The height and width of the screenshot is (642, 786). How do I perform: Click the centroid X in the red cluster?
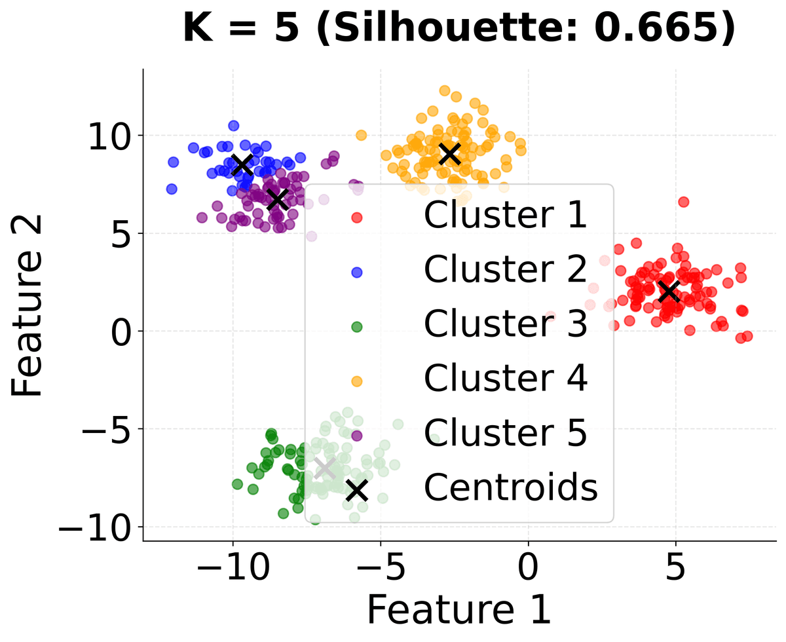(x=669, y=291)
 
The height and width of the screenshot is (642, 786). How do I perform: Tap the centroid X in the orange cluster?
(x=449, y=154)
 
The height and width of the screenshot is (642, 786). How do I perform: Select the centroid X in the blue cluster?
(x=242, y=164)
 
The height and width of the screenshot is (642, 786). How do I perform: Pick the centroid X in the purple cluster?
(x=278, y=199)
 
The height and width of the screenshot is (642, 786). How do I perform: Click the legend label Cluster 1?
(x=505, y=216)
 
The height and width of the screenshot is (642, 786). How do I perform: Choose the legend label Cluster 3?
(x=505, y=324)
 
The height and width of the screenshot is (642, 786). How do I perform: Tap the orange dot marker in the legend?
(x=357, y=381)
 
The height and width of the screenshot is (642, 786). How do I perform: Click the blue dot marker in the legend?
(x=357, y=272)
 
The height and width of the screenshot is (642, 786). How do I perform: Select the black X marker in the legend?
(x=357, y=490)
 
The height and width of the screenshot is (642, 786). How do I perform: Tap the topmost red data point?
(x=683, y=202)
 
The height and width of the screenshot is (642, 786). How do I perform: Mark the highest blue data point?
(x=233, y=125)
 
